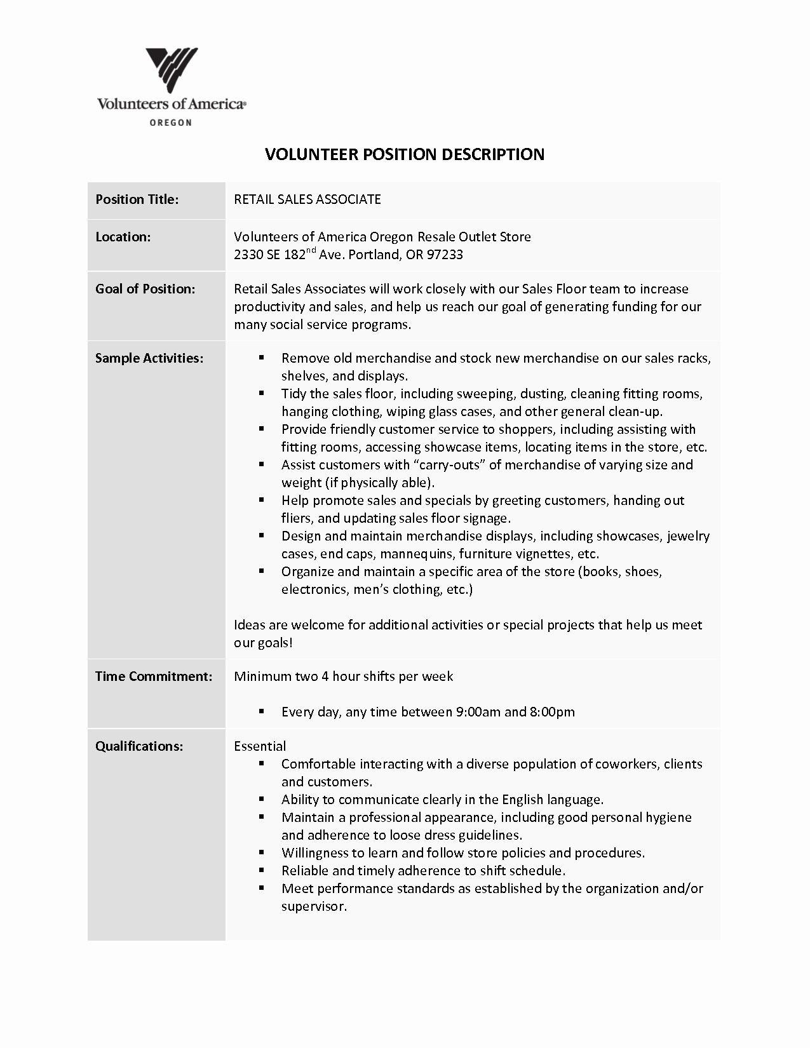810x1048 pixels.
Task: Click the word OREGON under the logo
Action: tap(170, 123)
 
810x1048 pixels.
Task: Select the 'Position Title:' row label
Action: tap(137, 199)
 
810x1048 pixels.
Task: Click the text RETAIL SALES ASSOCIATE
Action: tap(307, 199)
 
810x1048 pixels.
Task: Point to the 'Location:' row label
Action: tap(123, 237)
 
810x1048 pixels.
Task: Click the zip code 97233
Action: tap(445, 255)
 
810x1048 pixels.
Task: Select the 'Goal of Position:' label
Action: tap(145, 289)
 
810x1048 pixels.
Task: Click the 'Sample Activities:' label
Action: tap(149, 358)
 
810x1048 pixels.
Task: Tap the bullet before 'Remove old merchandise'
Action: tap(261, 358)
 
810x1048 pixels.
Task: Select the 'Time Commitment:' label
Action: tap(154, 676)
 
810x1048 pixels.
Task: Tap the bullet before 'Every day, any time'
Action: tap(261, 711)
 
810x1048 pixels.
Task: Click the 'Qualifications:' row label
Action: tap(139, 746)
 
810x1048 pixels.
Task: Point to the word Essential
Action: tap(260, 746)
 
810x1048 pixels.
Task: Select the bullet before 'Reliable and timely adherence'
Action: tap(261, 870)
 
